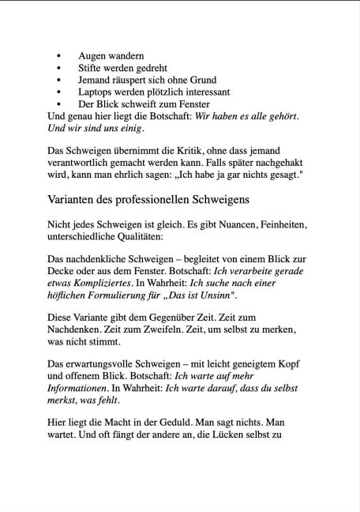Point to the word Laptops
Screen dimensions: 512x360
[98, 92]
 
